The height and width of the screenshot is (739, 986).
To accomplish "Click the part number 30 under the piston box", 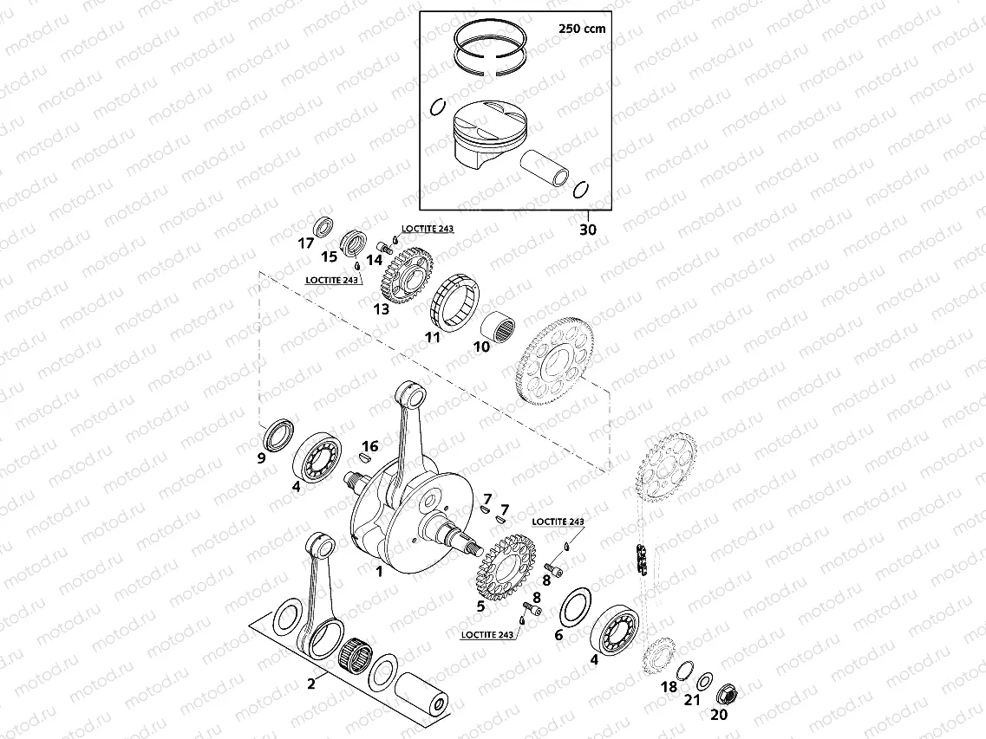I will click(589, 230).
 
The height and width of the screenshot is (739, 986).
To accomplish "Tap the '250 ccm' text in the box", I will click(581, 28).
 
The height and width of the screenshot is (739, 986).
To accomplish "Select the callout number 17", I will click(305, 243).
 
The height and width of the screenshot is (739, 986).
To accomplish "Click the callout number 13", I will click(381, 308).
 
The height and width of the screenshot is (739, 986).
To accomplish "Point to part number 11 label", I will click(432, 338).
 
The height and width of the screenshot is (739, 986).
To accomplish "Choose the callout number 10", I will click(481, 347).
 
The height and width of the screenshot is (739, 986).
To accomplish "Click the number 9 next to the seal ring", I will click(261, 458).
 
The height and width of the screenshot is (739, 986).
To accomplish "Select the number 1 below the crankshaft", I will click(378, 572).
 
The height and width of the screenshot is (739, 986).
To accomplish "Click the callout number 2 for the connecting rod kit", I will click(310, 684).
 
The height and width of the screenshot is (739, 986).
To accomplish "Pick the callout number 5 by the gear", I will click(480, 606).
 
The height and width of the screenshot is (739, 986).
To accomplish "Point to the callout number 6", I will click(558, 635).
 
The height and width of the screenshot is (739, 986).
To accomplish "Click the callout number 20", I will click(719, 716).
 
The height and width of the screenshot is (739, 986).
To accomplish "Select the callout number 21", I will click(691, 700).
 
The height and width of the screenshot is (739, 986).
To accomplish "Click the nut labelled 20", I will click(728, 693).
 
